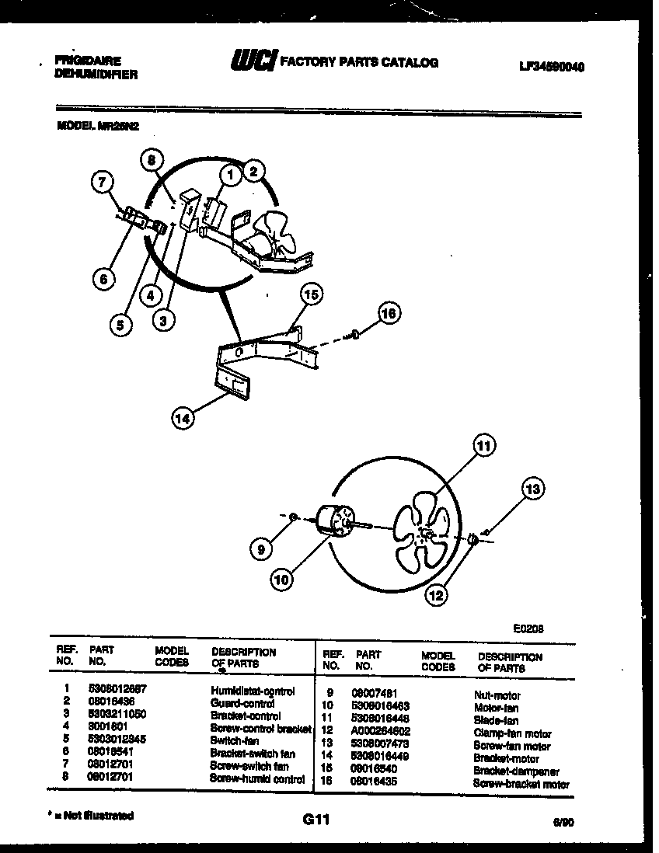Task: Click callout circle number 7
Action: coord(102,183)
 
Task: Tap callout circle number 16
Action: coord(389,313)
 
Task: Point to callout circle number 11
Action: coord(484,446)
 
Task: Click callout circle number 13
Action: coord(532,489)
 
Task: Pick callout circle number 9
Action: coord(262,548)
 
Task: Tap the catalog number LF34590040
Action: coord(551,68)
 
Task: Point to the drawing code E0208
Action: coord(528,630)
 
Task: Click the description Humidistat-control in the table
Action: coord(253,691)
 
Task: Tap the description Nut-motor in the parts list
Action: coord(497,696)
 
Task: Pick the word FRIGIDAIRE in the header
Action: coord(88,61)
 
